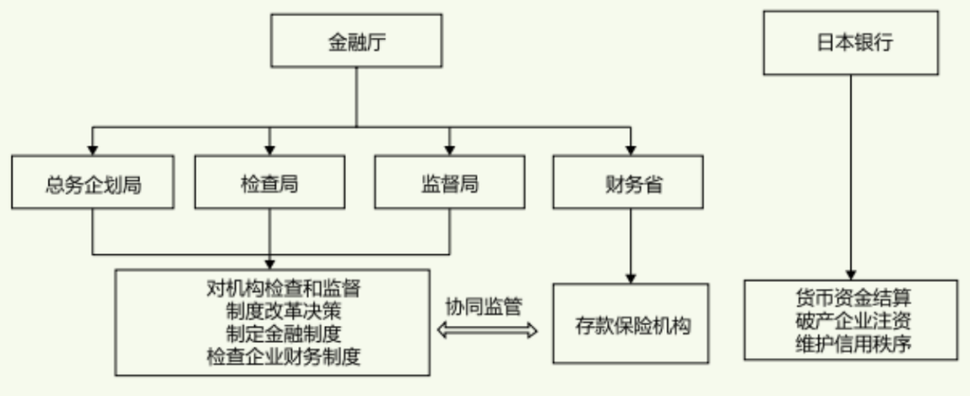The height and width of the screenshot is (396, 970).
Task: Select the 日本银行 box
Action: point(850,42)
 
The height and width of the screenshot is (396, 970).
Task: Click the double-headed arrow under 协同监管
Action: point(487,330)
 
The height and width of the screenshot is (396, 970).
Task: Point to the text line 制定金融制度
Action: point(270,334)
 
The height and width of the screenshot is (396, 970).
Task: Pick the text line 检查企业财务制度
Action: point(270,356)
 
